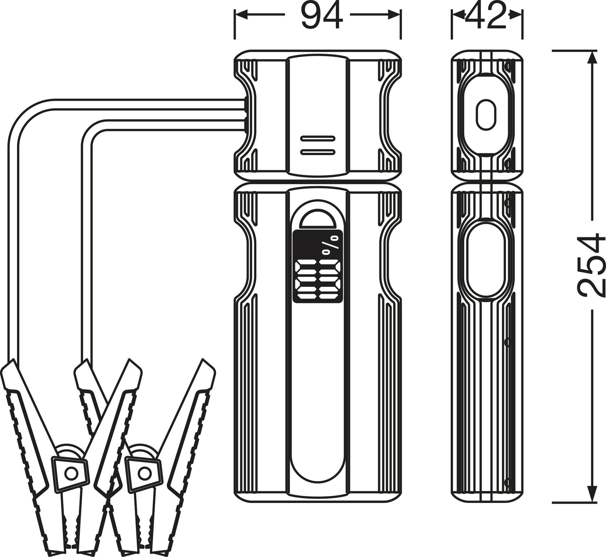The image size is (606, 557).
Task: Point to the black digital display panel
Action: click(317, 266)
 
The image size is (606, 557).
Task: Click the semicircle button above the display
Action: click(317, 219)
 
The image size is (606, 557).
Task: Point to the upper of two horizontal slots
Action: click(317, 138)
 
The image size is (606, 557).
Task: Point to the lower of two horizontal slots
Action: click(317, 152)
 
